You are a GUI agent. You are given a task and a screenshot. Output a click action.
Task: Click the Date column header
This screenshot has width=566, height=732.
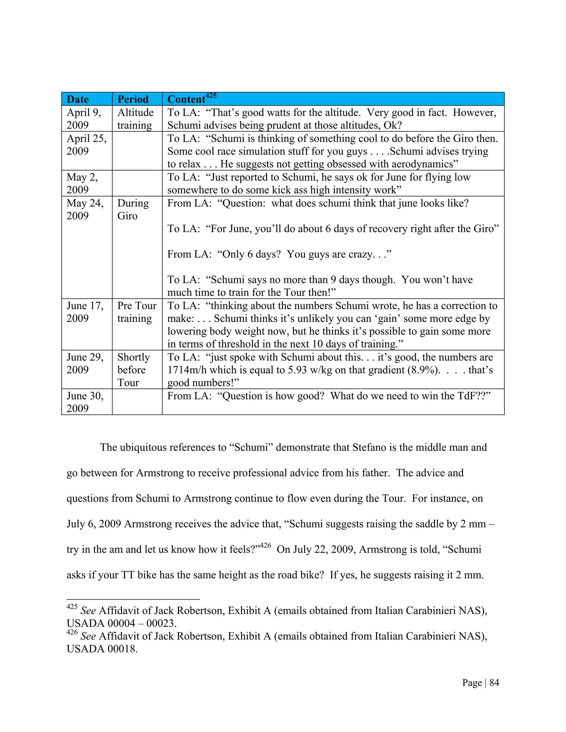(77, 99)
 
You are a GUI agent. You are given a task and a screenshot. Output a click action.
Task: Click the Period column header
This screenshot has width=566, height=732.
(133, 99)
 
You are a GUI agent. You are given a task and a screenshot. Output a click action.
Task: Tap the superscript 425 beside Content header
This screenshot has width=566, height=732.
(211, 96)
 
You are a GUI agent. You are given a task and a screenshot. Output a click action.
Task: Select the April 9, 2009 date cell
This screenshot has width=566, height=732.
(83, 119)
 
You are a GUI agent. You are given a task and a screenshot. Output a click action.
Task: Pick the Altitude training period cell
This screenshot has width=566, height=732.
(135, 119)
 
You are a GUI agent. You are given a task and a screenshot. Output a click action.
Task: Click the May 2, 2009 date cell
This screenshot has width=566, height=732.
(82, 183)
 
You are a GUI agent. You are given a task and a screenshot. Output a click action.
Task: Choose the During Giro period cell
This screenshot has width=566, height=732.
(133, 209)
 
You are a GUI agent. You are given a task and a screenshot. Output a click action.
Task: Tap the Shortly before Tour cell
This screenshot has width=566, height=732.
(133, 370)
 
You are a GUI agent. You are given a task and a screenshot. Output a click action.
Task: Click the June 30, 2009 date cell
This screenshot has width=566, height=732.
(85, 402)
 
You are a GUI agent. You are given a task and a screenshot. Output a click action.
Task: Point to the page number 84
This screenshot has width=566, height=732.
(494, 683)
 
